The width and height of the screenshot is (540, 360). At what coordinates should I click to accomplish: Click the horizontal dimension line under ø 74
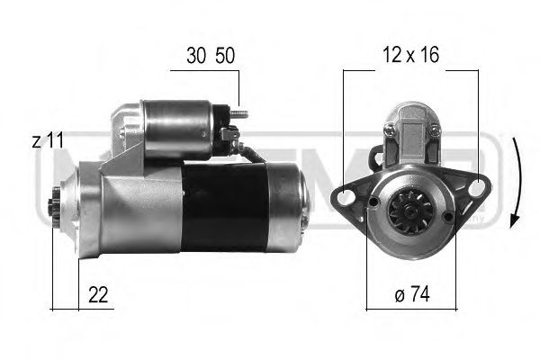coord(409,308)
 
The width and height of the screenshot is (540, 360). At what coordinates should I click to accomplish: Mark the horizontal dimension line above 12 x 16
coord(409,70)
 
